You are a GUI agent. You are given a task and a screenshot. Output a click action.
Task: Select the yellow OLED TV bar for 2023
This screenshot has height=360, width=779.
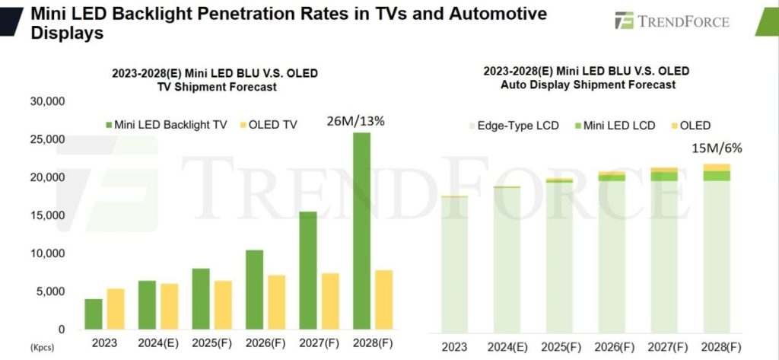(x=115, y=308)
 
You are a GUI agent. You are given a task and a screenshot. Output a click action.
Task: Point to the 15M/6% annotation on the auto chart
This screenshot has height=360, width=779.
(x=715, y=148)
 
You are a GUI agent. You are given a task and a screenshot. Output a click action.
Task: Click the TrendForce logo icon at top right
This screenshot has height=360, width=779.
(x=625, y=21)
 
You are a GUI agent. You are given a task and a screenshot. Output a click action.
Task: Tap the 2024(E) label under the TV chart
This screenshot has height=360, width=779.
(x=158, y=342)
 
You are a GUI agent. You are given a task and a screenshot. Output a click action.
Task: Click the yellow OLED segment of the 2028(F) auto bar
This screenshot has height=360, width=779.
(x=716, y=167)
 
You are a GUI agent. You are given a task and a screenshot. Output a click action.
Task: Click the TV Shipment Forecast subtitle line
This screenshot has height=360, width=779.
(x=215, y=87)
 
